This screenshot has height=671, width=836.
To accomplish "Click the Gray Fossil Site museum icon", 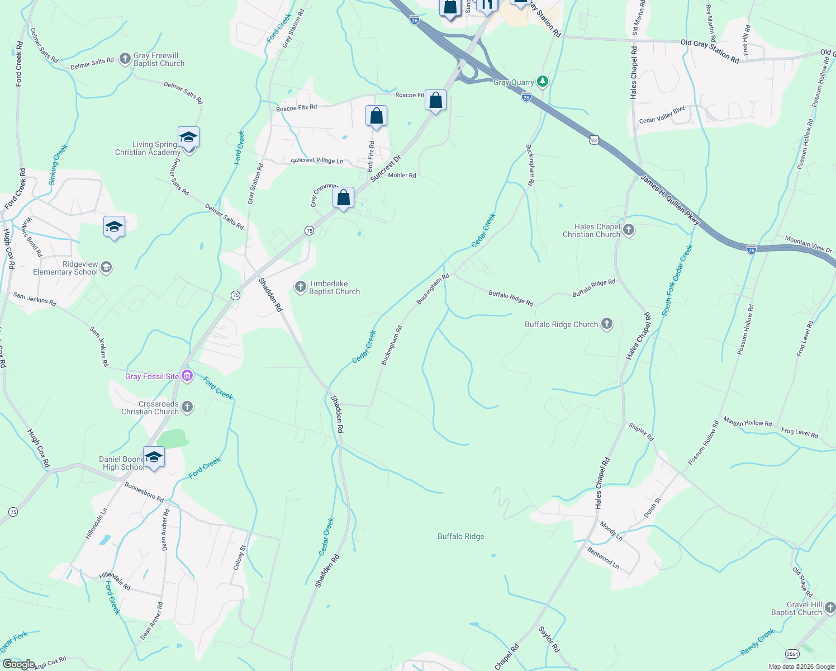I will coord(188,376).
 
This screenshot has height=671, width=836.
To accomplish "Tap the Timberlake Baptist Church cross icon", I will coord(301,287).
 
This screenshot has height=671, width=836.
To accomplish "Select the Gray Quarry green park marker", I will coord(542,82).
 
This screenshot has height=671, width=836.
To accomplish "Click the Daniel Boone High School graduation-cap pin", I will coord(154,458).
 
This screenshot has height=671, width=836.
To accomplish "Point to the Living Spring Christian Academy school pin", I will coord(188,138).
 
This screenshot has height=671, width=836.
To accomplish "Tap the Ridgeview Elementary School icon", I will coord(106,267).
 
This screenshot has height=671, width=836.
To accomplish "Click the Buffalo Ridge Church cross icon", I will coord(607,324).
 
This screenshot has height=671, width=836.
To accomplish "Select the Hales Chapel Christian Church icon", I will coord(629,230).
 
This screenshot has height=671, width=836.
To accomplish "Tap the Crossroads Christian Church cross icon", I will coord(187,407).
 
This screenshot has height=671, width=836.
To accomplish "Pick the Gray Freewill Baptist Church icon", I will coord(125,59).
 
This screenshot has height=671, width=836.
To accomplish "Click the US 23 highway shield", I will coord(595,140).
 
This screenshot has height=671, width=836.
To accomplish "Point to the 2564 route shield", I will coord(792,654).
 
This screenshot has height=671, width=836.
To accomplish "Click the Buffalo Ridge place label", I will coord(460,536).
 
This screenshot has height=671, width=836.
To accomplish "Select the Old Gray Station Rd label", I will coord(710,50).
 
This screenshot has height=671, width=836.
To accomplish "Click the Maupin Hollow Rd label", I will coord(747,422).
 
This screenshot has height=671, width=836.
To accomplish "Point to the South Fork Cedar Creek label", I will coord(677,280).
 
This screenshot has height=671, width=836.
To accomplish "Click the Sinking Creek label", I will coord(58,164).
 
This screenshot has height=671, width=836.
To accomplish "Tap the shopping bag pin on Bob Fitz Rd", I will coord(376,116).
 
